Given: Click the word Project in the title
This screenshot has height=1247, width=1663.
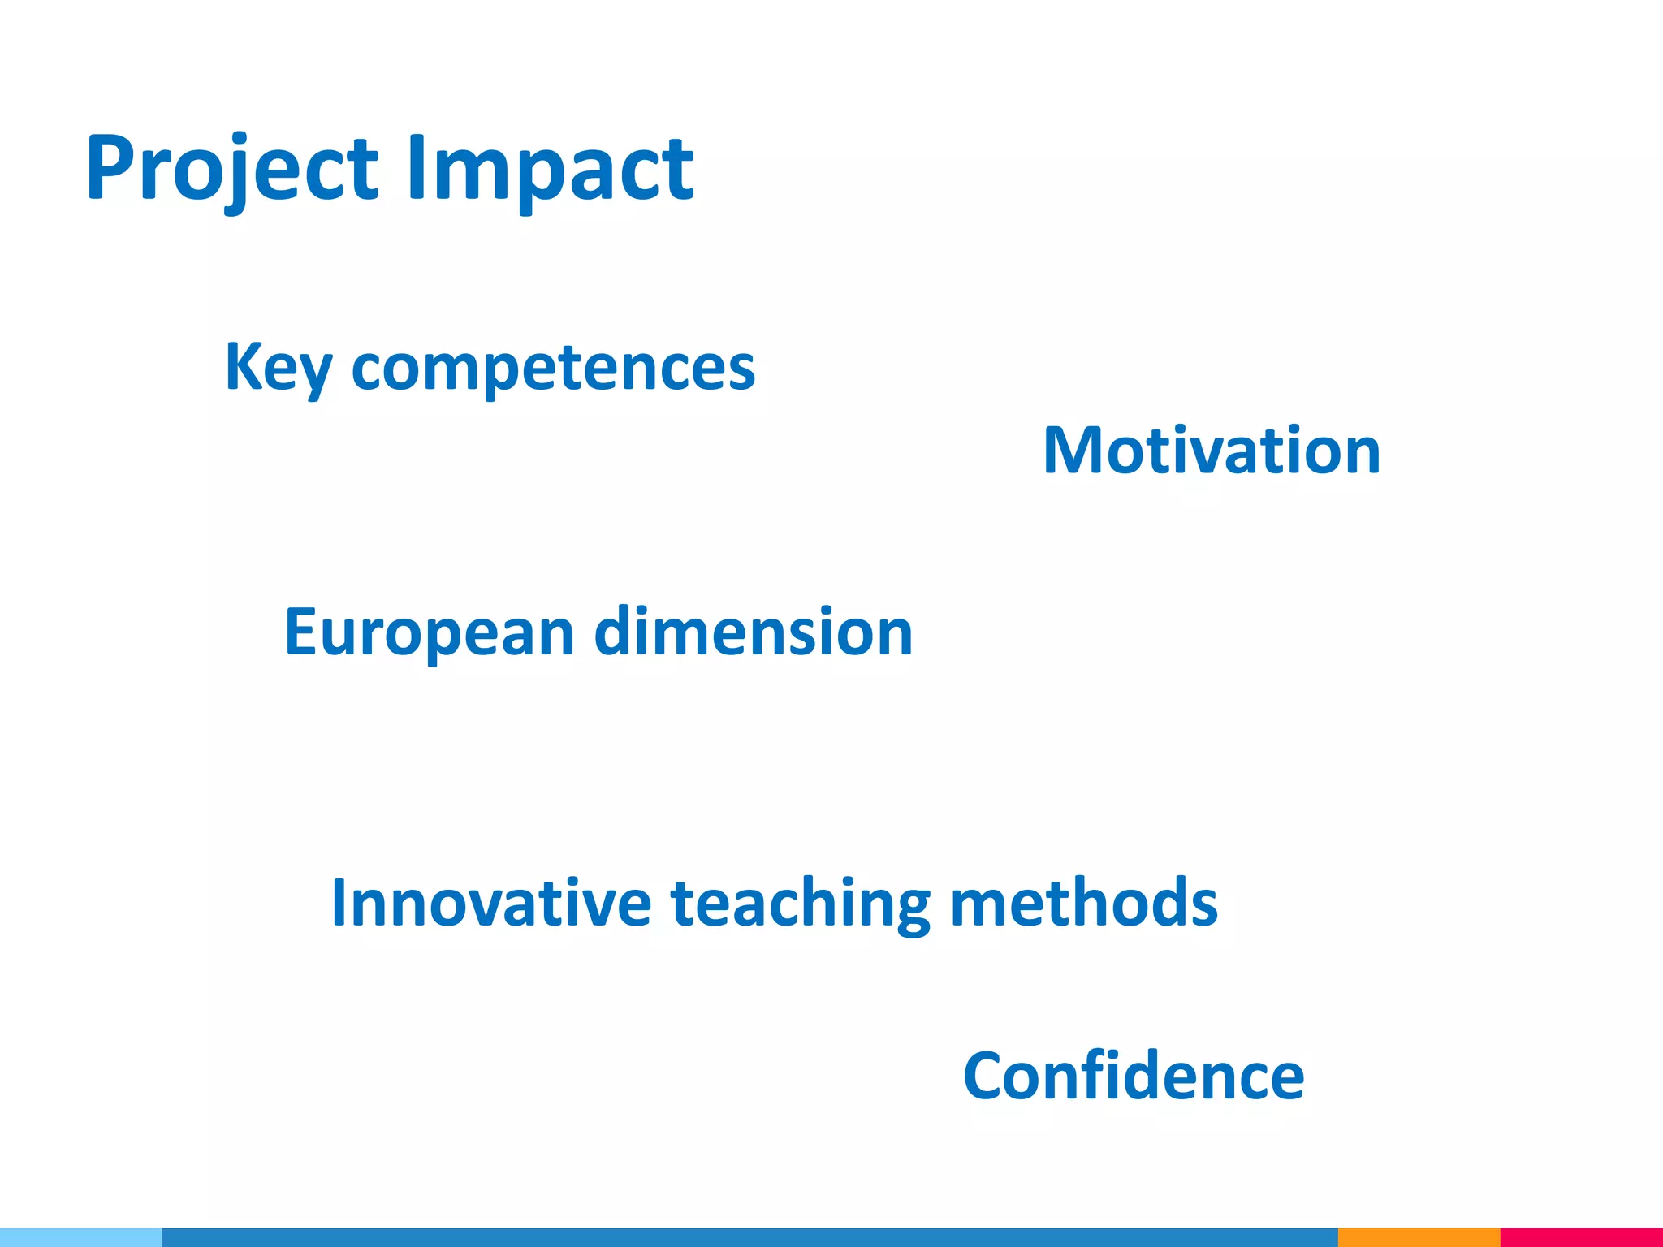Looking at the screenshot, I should click(231, 169).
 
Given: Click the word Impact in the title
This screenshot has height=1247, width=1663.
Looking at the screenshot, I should click(550, 169).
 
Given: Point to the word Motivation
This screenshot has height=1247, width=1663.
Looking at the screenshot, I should click(1212, 451).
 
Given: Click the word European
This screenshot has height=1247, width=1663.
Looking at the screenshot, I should click(429, 632).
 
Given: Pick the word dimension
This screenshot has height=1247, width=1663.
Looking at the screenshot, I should click(754, 632).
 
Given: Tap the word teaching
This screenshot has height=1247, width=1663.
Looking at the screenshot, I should click(801, 903).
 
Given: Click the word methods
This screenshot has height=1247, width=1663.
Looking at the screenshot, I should click(1084, 903).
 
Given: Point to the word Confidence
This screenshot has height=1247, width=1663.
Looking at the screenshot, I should click(1134, 1076).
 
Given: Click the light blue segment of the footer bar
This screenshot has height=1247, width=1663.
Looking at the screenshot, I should click(81, 1237).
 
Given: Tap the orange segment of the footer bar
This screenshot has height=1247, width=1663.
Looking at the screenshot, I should click(1419, 1237).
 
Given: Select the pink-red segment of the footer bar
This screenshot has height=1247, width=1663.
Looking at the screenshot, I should click(1581, 1237).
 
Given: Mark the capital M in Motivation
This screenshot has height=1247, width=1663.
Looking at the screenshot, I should click(1071, 451).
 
